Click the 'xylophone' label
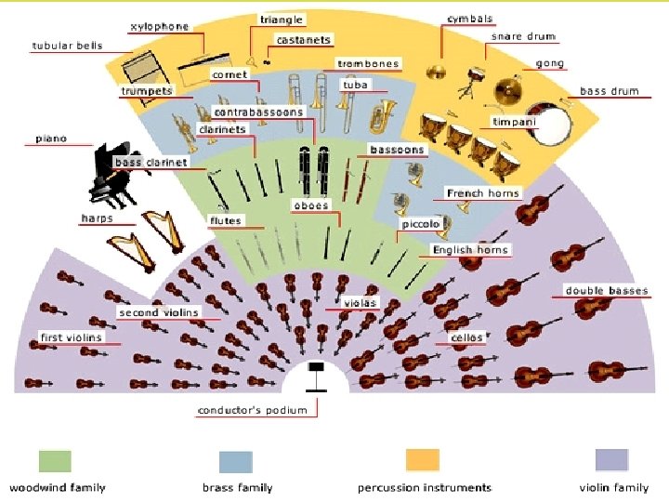click(x=159, y=27)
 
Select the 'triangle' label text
click(x=281, y=20)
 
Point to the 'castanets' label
click(x=304, y=41)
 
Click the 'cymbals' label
click(x=470, y=19)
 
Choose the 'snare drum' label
click(x=523, y=37)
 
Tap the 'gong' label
click(x=550, y=64)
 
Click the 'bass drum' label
click(x=609, y=91)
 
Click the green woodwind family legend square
click(x=55, y=462)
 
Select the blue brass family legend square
click(x=236, y=462)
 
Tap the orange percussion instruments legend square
click(x=423, y=460)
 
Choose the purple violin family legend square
click(x=610, y=460)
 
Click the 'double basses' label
click(x=607, y=291)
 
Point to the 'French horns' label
click(x=483, y=193)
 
